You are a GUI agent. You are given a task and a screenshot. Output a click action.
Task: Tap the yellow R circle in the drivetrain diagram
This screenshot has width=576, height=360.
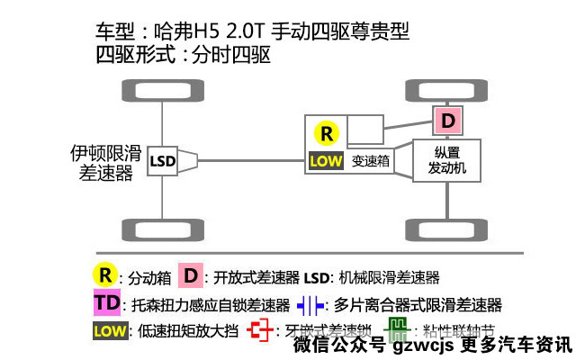coord(328,133)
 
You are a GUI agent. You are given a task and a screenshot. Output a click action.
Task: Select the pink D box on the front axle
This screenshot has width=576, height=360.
coord(447,120)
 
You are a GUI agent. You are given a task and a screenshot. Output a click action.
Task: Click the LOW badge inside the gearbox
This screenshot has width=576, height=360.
coord(326,161)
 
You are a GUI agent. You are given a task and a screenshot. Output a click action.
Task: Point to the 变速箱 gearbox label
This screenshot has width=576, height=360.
coord(370,162)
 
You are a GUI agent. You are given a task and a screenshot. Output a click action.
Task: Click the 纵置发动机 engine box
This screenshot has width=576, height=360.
coord(446,160)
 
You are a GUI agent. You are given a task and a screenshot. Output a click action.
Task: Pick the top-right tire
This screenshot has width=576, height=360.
coord(447,92)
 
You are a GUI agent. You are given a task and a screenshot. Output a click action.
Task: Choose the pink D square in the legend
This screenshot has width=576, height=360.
coord(190,274)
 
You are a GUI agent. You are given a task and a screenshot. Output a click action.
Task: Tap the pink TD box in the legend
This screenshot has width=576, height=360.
coord(107,303)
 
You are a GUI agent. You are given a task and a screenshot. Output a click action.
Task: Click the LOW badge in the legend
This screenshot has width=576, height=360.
coord(109,329)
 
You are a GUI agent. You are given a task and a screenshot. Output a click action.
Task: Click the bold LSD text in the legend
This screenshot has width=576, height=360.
coord(319,276)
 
